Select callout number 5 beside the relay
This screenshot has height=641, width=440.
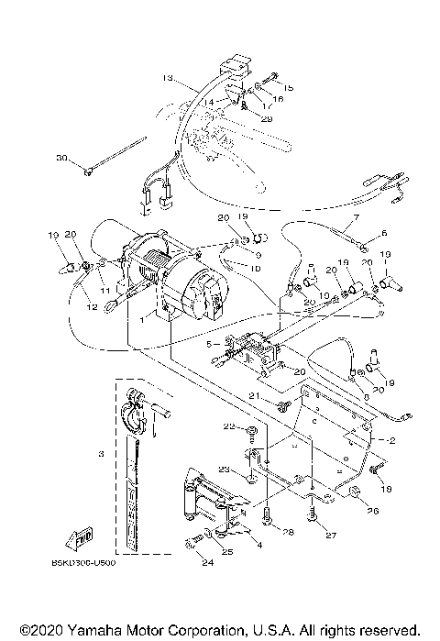click(210, 344)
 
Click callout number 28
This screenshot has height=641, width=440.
click(287, 532)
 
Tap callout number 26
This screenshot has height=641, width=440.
click(371, 511)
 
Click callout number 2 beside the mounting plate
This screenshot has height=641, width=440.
click(391, 441)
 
